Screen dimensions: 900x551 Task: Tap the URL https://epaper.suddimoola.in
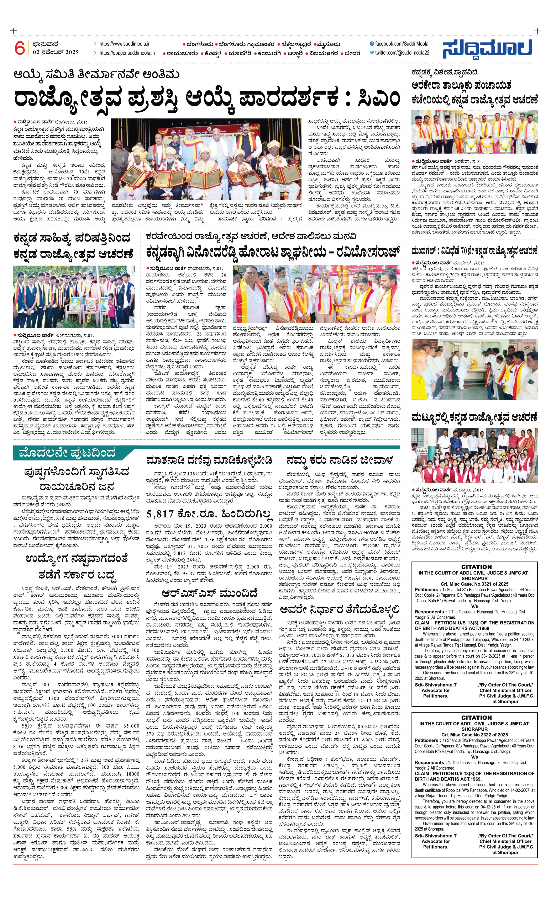tap(127, 53)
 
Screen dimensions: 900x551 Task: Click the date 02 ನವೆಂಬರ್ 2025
tap(56, 52)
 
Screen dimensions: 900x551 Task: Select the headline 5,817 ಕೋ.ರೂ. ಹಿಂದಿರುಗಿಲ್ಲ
tap(209, 514)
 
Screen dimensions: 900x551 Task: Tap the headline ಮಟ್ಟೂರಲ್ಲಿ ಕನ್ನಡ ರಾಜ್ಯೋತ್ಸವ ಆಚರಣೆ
tap(474, 417)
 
